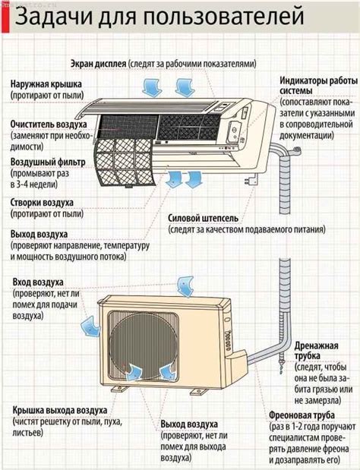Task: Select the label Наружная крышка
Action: tap(47, 84)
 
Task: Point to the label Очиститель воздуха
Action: tap(47, 124)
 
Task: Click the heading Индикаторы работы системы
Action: tap(312, 87)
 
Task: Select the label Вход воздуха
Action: tap(38, 282)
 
